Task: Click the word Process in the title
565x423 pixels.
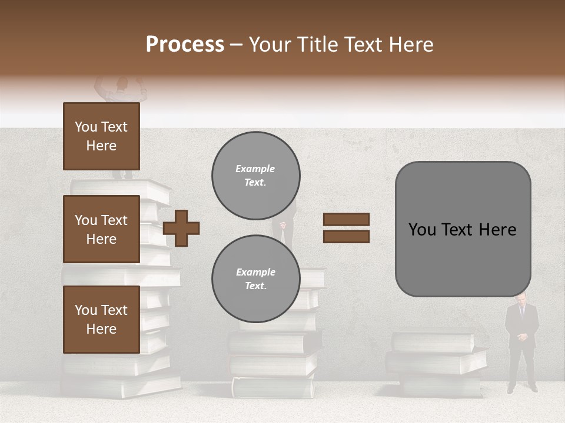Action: [185, 45]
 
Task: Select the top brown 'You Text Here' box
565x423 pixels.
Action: [101, 136]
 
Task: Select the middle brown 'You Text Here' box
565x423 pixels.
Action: [101, 229]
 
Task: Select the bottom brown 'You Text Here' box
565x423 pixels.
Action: [101, 319]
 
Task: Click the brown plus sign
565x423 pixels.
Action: [181, 227]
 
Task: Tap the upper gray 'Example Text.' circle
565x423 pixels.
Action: [256, 176]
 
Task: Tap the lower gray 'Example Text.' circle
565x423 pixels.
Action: [256, 279]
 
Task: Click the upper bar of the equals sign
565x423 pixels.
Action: [346, 219]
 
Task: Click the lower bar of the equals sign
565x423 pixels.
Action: [346, 236]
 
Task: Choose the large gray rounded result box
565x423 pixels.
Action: [463, 229]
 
